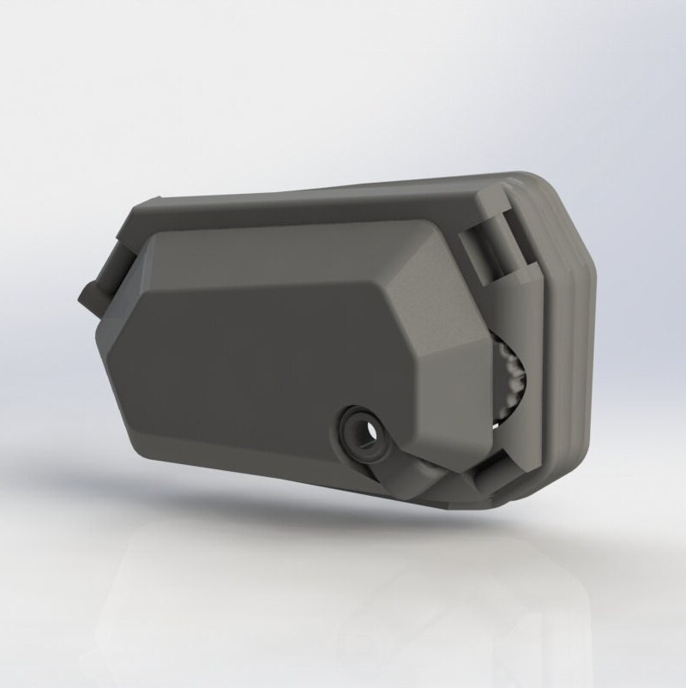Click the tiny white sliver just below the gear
(496, 423)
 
